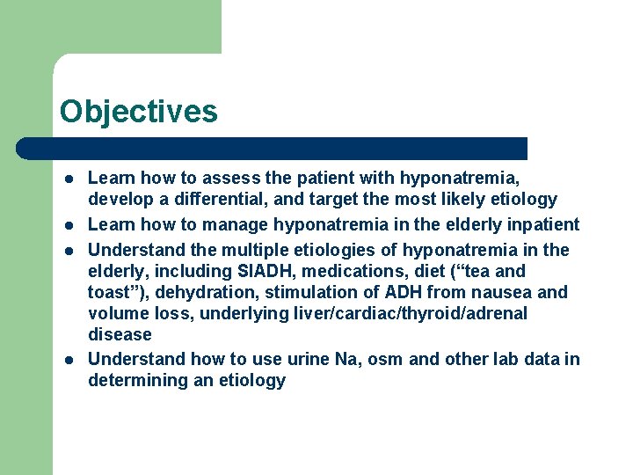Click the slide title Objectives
coord(138,112)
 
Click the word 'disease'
coord(120,334)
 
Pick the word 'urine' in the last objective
coord(333,359)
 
